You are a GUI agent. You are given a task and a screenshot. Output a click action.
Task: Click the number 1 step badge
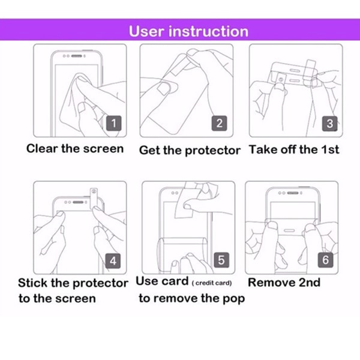pos(113,123)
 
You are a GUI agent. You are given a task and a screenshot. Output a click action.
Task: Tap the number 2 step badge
pos(219,123)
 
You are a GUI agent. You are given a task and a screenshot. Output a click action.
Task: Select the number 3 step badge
pos(329,124)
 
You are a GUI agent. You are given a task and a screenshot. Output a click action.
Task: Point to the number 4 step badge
pos(113,261)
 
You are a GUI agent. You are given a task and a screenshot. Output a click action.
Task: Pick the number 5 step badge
pos(221,260)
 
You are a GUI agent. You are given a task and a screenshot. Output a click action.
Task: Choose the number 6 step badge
pos(326,260)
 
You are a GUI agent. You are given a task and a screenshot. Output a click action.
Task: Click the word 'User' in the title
pos(146,31)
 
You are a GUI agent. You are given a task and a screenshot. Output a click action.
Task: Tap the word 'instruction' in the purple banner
pos(208,31)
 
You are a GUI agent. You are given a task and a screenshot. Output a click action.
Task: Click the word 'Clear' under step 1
pos(42,148)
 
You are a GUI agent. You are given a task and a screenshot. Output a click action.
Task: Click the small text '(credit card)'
pos(212,283)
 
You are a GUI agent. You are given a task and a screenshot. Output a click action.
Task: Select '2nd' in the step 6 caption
pos(309,282)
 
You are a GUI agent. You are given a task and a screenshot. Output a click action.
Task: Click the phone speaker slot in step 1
pos(76,56)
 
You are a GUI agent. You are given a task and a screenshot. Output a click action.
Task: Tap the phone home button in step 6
pos(289,230)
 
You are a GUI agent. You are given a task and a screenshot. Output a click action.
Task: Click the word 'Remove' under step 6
pos(271,282)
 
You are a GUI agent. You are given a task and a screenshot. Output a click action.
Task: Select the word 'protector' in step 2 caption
pos(212,151)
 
